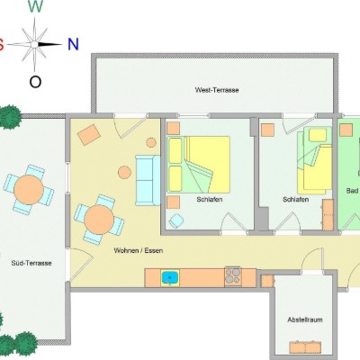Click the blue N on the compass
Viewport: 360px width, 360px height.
click(x=73, y=44)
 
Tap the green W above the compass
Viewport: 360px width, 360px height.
click(x=35, y=6)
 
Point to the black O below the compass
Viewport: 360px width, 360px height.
click(x=35, y=81)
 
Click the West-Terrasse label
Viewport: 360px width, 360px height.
click(x=217, y=90)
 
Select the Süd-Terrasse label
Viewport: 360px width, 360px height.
click(x=31, y=263)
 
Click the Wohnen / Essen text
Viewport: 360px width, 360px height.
click(x=139, y=250)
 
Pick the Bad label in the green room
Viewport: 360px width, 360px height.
click(x=352, y=191)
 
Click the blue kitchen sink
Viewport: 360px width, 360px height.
click(x=170, y=277)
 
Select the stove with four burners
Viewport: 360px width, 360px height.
click(x=233, y=276)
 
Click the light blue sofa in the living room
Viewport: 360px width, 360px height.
click(x=148, y=180)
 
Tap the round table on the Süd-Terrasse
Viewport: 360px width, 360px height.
click(x=29, y=190)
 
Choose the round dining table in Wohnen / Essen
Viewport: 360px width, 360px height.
click(x=99, y=220)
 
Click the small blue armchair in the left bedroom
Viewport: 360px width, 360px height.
click(x=176, y=221)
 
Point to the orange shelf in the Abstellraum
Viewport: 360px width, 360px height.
click(x=305, y=347)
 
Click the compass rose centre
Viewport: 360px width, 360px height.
click(x=35, y=44)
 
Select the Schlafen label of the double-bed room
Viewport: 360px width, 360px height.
click(x=210, y=199)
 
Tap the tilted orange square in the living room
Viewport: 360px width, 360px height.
click(x=89, y=135)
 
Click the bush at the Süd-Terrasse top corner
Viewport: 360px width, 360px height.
click(x=10, y=116)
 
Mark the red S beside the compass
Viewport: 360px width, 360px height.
click(x=1, y=44)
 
